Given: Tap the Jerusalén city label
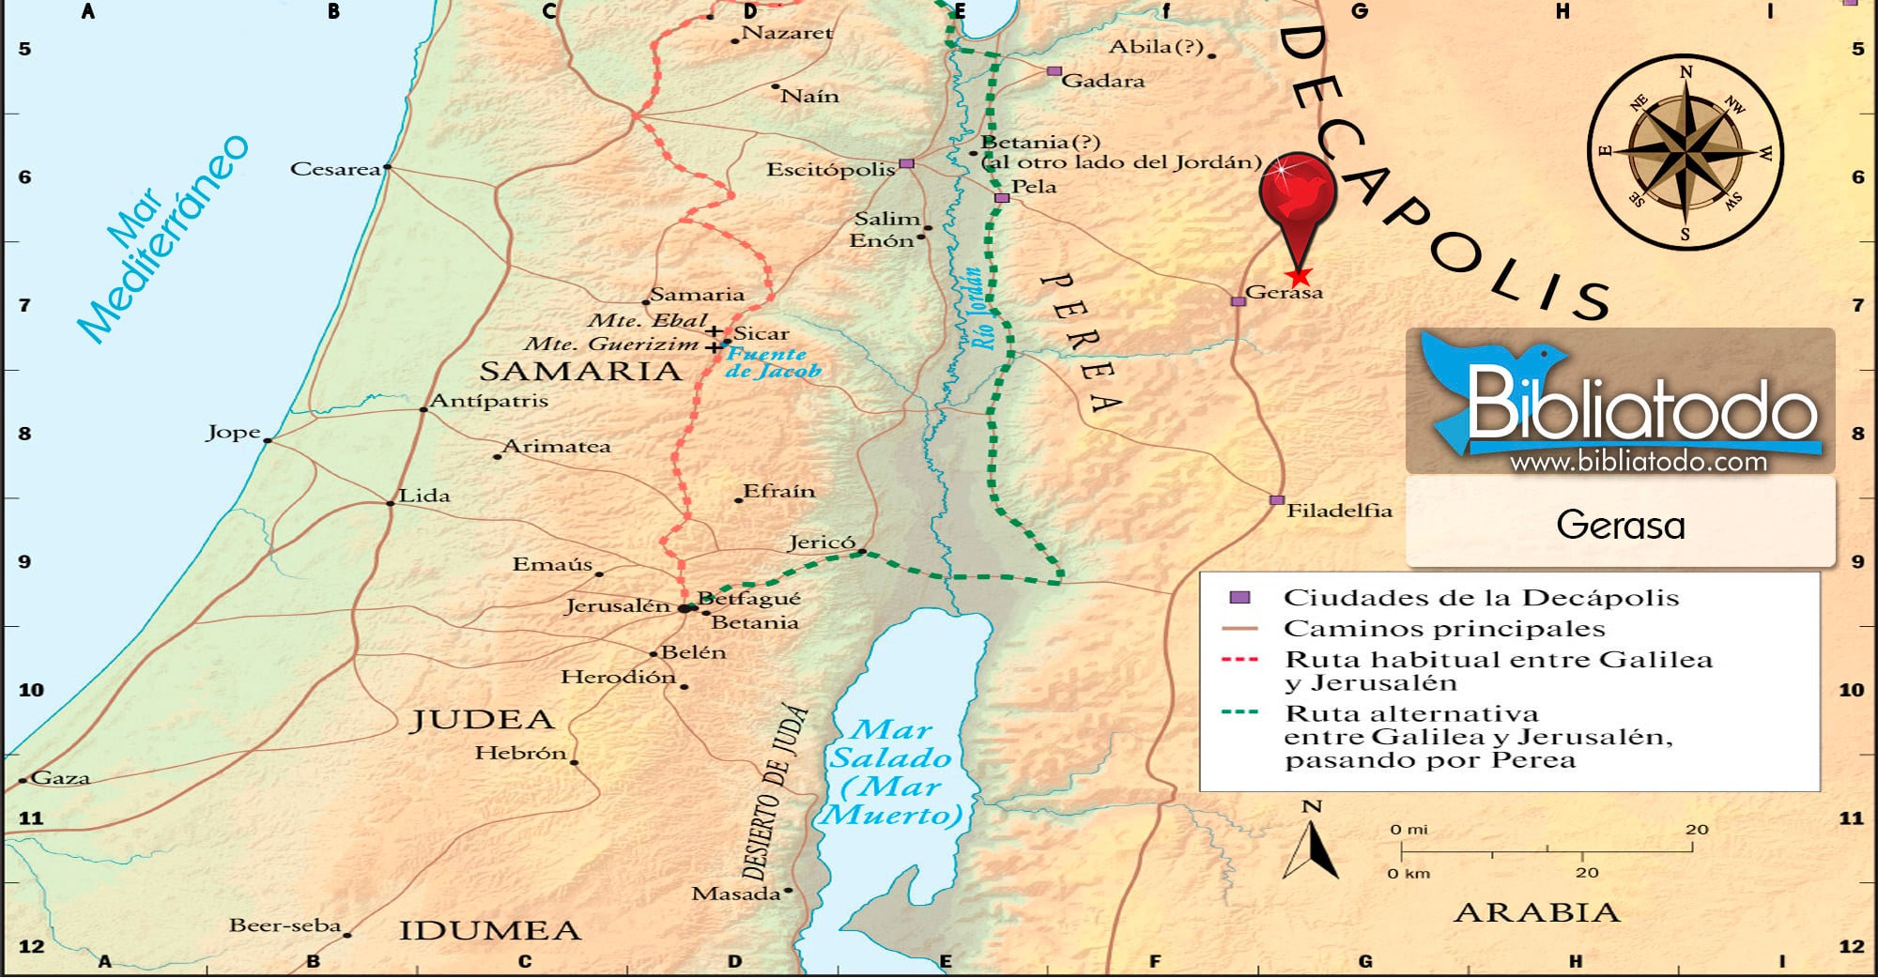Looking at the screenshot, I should (617, 605).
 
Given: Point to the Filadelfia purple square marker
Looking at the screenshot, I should (1276, 500).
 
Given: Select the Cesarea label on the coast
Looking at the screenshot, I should (335, 169).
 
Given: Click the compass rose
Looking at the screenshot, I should (1685, 151).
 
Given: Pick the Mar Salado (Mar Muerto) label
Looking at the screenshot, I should (891, 772).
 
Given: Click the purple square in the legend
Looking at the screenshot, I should (1239, 597).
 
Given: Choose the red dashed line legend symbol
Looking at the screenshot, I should (1239, 659).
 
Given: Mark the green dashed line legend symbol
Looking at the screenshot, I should (1239, 712).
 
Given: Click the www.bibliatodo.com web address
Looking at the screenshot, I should (1638, 461).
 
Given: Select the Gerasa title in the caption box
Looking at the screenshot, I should (1620, 525).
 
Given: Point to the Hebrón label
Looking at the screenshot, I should (520, 753).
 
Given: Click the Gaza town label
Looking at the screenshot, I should (61, 777).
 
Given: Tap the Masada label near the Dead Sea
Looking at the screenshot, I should (736, 894).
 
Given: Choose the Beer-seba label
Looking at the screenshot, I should (285, 925).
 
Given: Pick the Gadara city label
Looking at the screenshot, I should (1102, 81).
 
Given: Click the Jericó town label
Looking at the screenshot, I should (821, 542).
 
